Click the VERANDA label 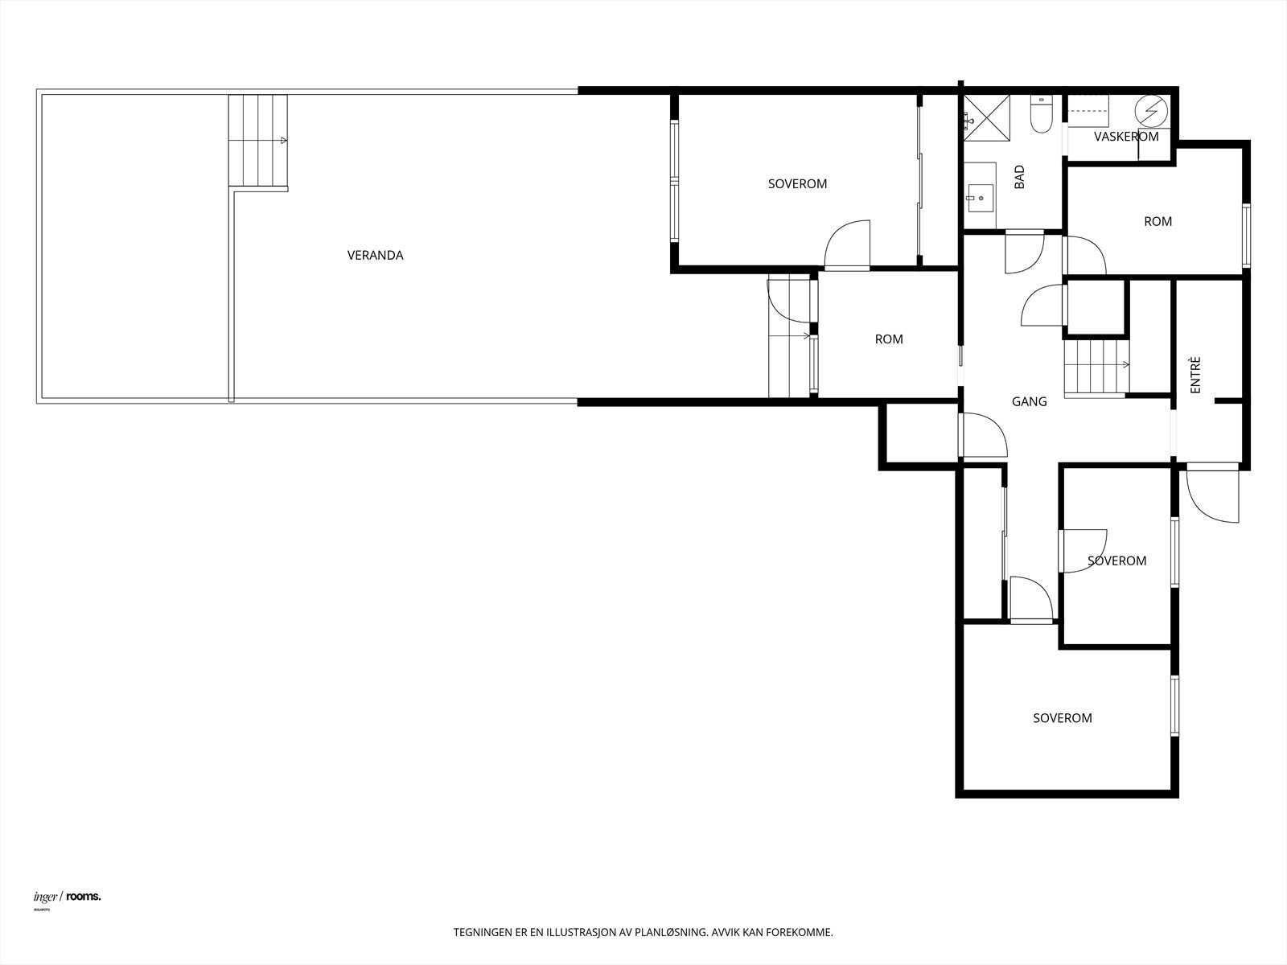pos(375,255)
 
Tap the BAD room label pos(1019,177)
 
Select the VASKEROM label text pos(1126,137)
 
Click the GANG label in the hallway pos(1029,401)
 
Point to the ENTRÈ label pos(1195,375)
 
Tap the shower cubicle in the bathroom pos(985,117)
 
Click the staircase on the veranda pos(257,142)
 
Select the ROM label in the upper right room pos(1157,221)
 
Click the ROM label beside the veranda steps pos(889,339)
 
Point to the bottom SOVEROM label pos(1062,718)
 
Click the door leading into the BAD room pos(1024,252)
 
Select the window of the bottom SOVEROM pos(1174,706)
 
